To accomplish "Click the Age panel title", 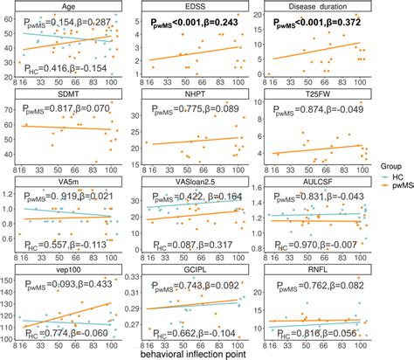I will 72,6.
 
